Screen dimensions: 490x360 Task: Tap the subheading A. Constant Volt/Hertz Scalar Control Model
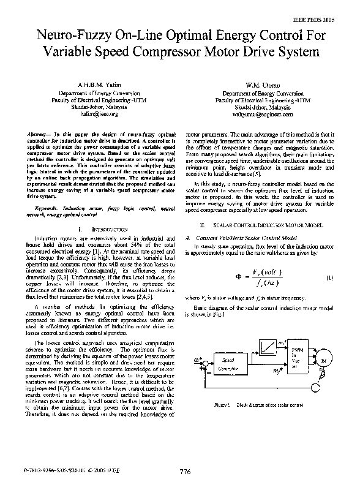point(245,236)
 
